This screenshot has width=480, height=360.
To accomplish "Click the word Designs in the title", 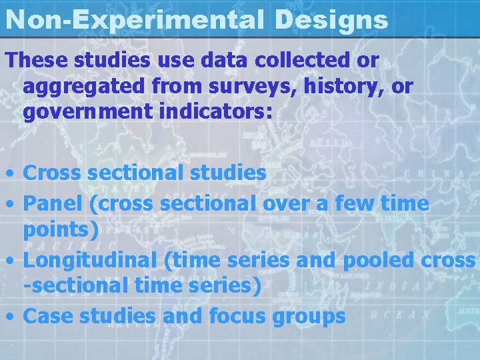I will pos(331,20).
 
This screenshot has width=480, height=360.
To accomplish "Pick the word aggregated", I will pos(78,87).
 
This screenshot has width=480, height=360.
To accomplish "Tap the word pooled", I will pos(377,260).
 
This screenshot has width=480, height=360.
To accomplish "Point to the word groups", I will pos(309,316).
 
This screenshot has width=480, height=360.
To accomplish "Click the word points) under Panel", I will pos(61,231).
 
